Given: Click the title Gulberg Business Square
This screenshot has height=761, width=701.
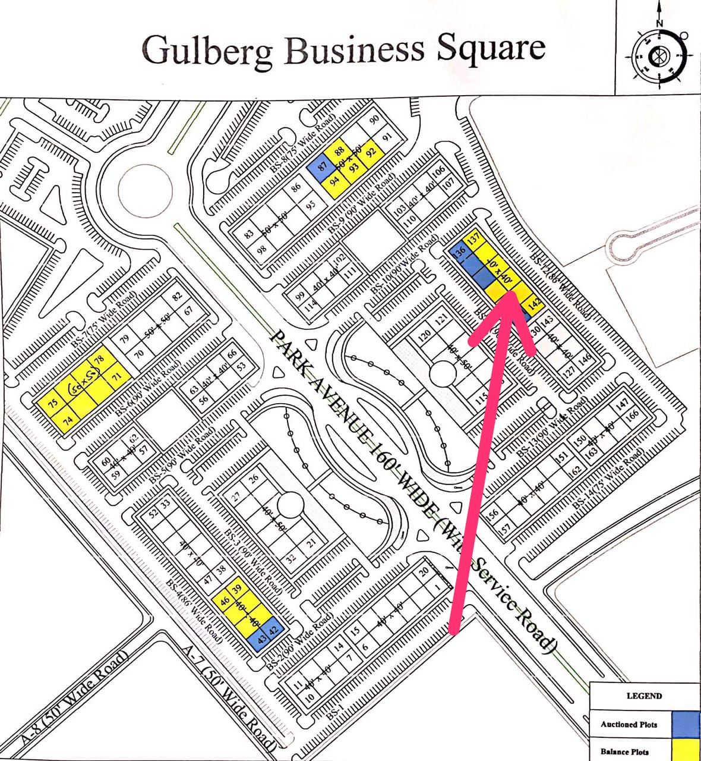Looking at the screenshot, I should point(343,49).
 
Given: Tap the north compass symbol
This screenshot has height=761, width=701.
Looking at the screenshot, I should point(658,57).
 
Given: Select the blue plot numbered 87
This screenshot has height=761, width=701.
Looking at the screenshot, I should point(322,168).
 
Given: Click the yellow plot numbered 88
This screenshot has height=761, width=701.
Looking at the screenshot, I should point(340,151).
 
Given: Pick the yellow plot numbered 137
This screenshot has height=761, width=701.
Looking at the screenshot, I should point(473,239).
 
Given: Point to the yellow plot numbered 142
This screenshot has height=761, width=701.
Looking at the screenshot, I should point(534,304).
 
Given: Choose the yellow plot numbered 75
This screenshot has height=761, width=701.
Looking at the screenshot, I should point(53,402).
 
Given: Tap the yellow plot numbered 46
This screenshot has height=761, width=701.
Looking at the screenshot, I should point(225,601).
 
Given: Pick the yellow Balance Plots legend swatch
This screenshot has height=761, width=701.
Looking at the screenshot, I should point(685,750).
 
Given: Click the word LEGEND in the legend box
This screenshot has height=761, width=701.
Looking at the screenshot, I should point(644,696).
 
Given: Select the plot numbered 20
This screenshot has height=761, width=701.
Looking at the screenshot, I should point(424,572).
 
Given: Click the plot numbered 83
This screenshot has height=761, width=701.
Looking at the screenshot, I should point(249,234).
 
